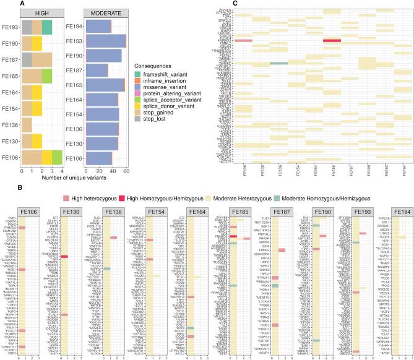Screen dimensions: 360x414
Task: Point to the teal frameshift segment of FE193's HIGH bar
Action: tap(47, 27)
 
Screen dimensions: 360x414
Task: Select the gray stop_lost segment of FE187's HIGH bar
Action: tap(27, 59)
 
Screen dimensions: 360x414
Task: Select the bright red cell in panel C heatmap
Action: tap(332, 41)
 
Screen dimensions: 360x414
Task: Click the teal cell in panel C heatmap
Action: tap(278, 63)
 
